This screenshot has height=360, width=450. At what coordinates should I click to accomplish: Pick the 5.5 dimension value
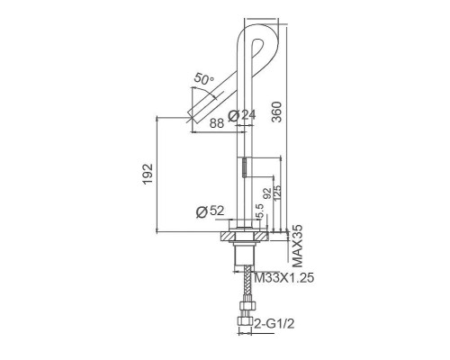tap(259, 212)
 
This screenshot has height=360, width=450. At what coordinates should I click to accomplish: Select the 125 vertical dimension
tap(277, 192)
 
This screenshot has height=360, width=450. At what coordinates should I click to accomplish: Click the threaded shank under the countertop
tap(242, 256)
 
